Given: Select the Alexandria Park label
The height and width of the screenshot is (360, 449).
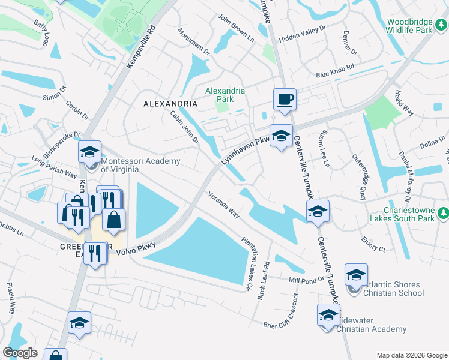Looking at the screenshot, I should (225, 95).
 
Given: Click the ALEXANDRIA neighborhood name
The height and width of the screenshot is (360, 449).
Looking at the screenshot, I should (170, 104).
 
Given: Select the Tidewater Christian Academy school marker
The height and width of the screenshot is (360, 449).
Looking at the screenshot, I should (328, 315).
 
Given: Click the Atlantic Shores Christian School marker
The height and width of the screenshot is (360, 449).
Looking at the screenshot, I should (356, 275).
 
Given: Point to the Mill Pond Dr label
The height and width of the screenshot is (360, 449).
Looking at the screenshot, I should (306, 280).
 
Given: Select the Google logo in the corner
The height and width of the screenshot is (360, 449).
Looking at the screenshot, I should (20, 353).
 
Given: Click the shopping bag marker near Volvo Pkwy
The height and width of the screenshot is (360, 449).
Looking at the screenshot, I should (113, 219).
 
